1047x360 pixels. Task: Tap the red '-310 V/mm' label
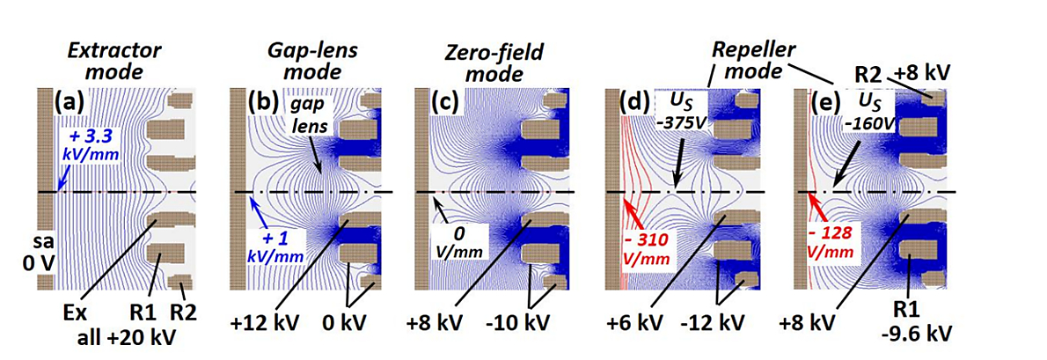click(655, 248)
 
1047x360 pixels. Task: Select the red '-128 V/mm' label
click(844, 249)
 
